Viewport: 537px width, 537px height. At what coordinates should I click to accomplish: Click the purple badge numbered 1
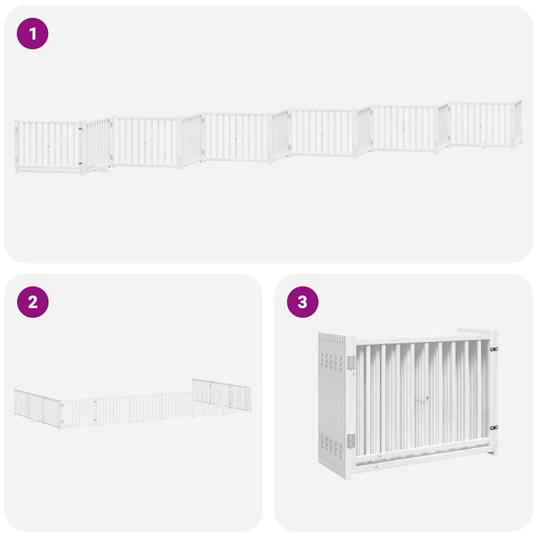coord(33,34)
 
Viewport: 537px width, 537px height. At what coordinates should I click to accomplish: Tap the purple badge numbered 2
coord(33,302)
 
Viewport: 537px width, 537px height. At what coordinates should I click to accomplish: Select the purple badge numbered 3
coord(302,302)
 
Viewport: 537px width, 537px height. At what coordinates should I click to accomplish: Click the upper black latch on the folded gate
coord(493,349)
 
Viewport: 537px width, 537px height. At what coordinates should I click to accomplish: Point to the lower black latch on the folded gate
coord(493,427)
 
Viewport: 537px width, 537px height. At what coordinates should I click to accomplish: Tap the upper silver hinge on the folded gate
coord(351,362)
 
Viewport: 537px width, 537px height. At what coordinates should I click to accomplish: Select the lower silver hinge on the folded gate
coord(351,441)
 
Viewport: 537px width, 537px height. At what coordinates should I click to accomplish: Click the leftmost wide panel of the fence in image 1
coord(48,145)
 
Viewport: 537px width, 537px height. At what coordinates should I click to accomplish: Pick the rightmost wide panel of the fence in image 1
coord(480,124)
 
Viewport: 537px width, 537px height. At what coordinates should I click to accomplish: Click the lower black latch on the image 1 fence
coord(80,164)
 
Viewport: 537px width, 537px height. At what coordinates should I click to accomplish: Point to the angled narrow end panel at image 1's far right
coord(518,122)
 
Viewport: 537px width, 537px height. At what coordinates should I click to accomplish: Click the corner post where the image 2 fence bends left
coord(61,415)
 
